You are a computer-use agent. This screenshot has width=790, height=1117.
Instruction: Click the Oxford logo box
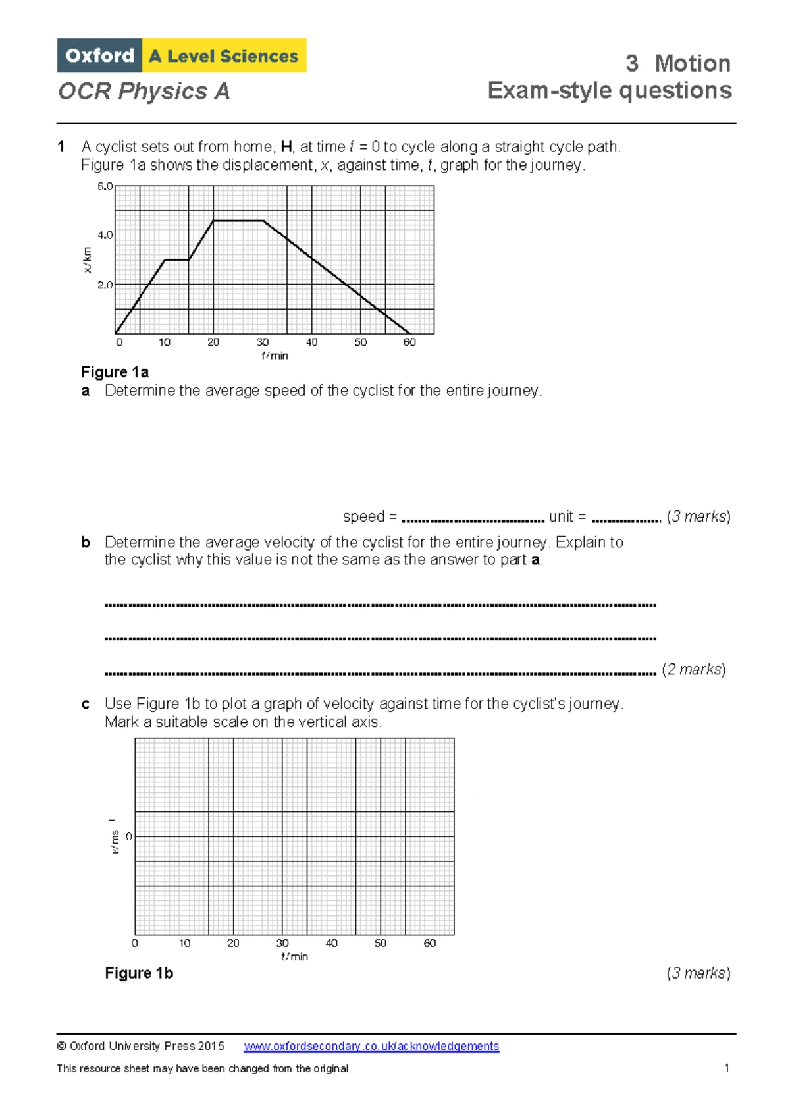(99, 55)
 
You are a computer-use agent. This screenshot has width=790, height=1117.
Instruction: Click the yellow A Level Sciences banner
(224, 56)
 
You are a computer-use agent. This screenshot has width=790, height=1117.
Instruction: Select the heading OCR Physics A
(144, 91)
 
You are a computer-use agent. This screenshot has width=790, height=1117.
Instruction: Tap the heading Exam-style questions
(609, 90)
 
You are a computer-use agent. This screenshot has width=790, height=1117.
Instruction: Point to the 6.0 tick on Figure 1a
(105, 186)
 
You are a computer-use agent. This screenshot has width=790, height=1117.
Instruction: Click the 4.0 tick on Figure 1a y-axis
(105, 235)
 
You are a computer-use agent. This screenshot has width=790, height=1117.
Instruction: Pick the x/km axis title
(87, 260)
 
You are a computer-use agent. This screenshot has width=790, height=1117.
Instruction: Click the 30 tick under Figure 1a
(263, 342)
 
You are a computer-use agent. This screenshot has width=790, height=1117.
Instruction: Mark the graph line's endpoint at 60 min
(409, 333)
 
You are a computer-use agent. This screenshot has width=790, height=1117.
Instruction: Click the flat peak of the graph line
(238, 221)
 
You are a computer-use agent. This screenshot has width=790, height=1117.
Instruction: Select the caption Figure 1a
(115, 372)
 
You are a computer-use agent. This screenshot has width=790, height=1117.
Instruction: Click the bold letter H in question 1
(286, 147)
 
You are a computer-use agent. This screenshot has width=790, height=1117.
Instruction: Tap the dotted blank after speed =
(473, 520)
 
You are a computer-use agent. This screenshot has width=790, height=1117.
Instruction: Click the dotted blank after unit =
(625, 520)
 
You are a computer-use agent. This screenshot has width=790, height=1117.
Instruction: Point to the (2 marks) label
(694, 669)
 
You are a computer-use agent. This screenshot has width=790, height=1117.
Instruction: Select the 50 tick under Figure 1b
(381, 943)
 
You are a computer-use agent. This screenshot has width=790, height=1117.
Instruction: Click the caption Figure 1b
(139, 973)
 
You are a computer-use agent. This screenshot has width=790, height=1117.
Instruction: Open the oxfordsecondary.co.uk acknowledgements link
(371, 1046)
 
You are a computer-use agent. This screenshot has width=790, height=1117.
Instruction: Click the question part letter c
(86, 704)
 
